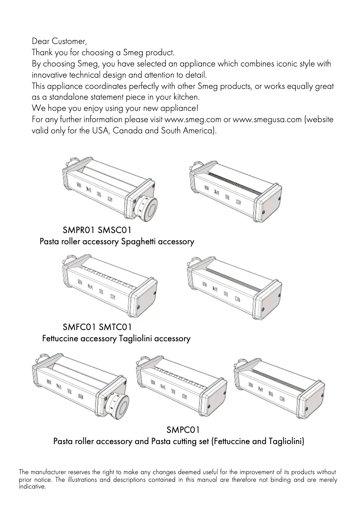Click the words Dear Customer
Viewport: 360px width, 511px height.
click(59, 41)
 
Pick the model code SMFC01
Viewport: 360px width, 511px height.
click(79, 327)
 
